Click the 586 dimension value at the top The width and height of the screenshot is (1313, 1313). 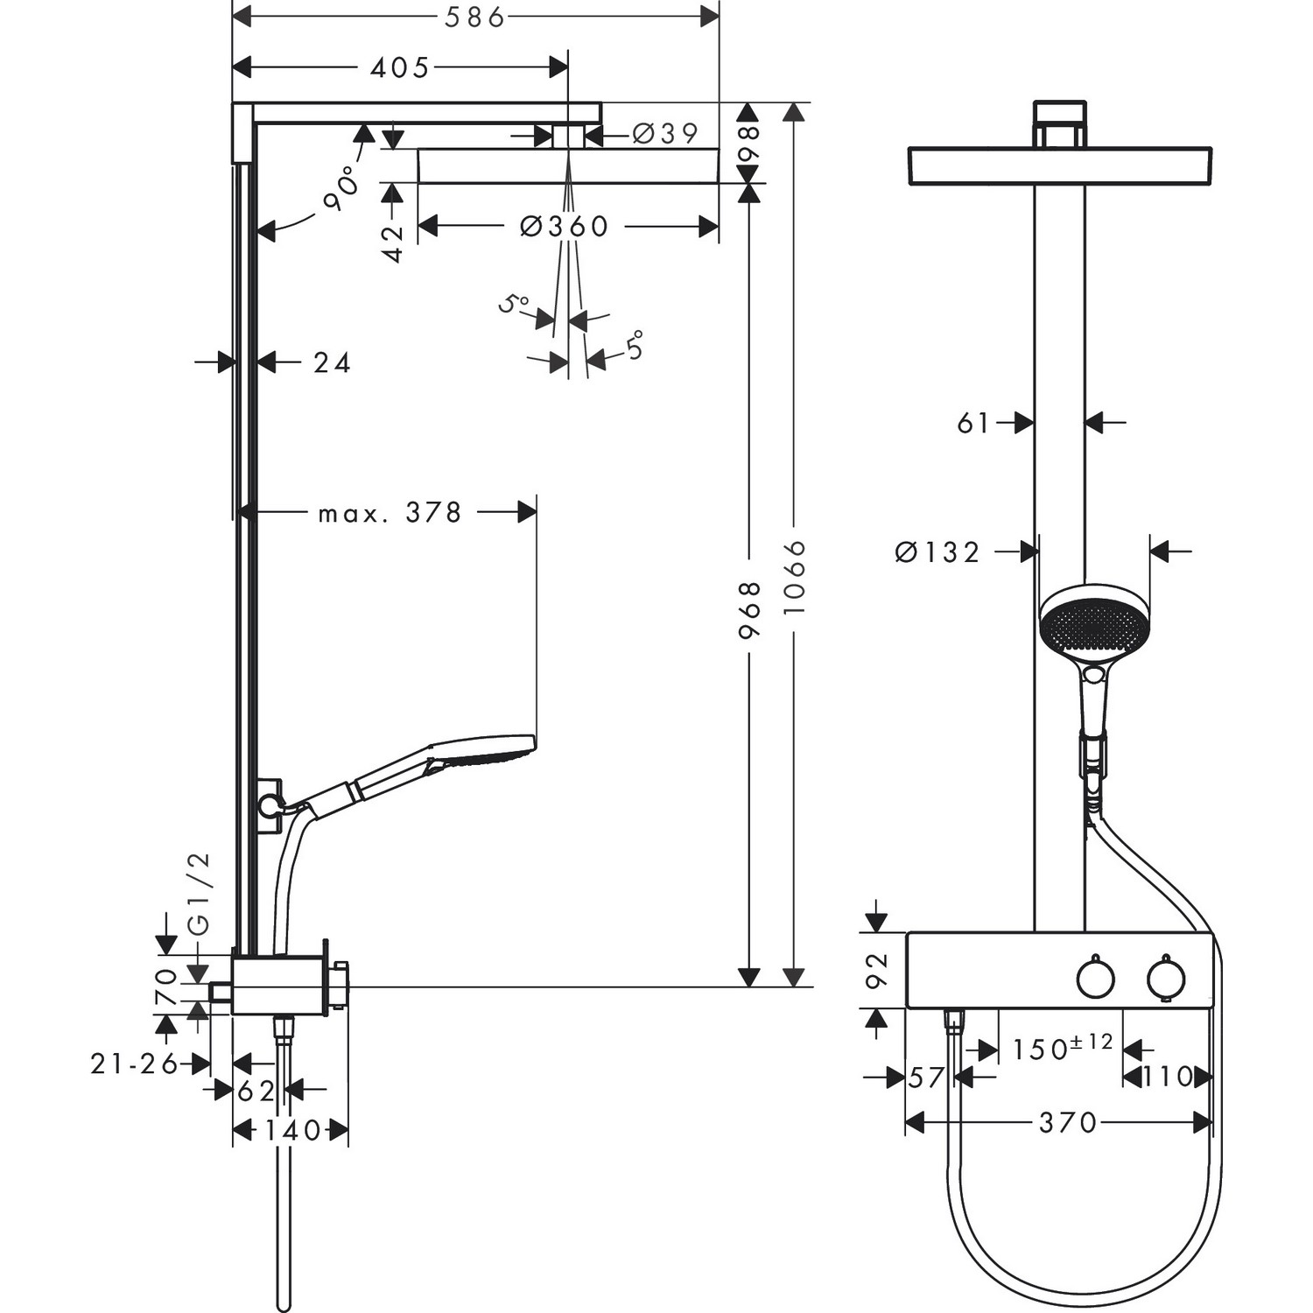[475, 18]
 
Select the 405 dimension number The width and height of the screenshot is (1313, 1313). [399, 67]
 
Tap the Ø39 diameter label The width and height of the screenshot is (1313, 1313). [665, 134]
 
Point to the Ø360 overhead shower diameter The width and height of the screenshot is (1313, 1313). [564, 227]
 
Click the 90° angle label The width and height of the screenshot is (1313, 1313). [342, 188]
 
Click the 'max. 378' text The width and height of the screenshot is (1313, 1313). [390, 513]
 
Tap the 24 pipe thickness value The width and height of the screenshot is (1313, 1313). [332, 362]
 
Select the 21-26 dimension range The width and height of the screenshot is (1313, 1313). [134, 1064]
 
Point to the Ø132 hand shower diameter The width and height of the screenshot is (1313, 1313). [937, 552]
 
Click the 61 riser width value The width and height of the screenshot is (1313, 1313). [972, 424]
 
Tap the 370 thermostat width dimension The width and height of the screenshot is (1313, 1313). [1067, 1122]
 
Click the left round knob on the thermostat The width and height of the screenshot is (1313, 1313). [1095, 979]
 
